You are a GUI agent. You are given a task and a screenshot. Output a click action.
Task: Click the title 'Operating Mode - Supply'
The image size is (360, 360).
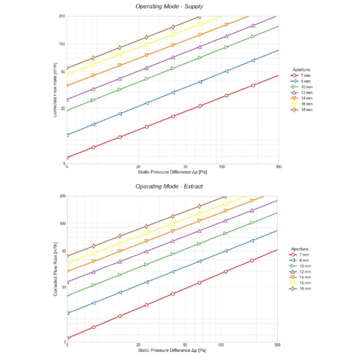click(x=169, y=6)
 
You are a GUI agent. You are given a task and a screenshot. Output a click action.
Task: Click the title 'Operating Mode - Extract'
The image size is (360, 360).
click(x=169, y=186)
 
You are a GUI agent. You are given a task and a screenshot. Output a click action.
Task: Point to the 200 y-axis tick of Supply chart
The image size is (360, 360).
click(x=62, y=16)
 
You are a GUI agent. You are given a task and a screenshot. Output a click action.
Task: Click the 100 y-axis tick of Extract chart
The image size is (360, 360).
click(x=62, y=224)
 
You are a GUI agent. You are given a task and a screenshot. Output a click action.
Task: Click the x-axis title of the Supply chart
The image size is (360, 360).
click(x=172, y=172)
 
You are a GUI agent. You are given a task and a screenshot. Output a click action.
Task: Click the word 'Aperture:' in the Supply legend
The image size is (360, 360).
click(x=302, y=70)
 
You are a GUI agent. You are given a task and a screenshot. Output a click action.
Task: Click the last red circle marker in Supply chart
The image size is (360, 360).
click(x=253, y=85)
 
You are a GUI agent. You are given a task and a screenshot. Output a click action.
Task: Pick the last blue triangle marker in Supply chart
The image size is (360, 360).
click(x=253, y=60)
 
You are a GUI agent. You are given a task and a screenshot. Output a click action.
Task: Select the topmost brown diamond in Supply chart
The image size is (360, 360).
click(x=200, y=17)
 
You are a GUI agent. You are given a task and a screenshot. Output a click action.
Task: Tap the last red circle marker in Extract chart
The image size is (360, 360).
click(x=252, y=261)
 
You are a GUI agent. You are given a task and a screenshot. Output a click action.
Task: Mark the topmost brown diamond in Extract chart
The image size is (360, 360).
click(x=225, y=197)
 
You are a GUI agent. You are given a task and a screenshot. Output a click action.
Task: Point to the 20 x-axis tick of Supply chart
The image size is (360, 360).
click(x=138, y=167)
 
